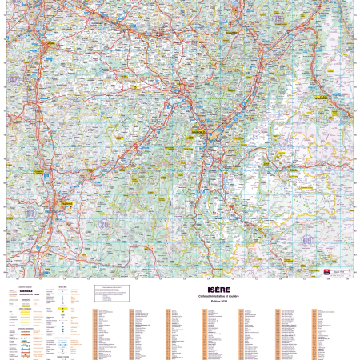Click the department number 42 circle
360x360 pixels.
(14, 80)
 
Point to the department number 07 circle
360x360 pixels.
(30, 214)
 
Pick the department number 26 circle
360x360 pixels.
(104, 225)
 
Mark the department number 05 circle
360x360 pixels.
(306, 239)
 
